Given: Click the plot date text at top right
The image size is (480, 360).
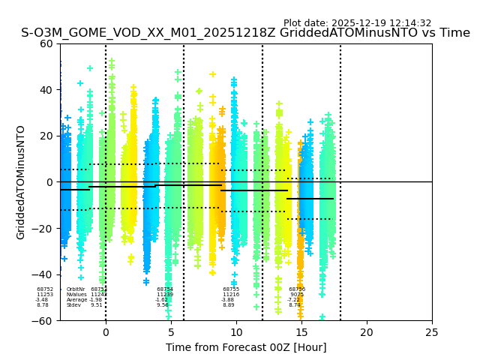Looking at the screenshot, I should click(x=357, y=23).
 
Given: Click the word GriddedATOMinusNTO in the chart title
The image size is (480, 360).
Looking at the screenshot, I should click(x=362, y=33).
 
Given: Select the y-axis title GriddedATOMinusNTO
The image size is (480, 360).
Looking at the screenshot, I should click(x=21, y=182).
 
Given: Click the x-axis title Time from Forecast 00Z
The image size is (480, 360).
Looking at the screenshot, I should click(x=246, y=347).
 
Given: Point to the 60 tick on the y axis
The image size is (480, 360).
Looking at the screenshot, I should click(x=46, y=43).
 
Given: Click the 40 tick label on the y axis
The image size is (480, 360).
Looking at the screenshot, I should click(x=46, y=90).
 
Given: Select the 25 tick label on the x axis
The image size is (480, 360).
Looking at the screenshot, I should click(x=432, y=332).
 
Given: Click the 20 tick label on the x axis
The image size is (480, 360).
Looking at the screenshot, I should click(x=367, y=332).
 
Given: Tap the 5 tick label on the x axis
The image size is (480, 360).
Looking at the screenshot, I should click(x=171, y=332).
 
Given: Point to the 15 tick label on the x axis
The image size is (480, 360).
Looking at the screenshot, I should click(x=301, y=332).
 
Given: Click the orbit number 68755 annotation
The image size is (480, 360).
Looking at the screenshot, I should click(x=231, y=289).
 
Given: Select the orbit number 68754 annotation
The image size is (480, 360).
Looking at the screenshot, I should click(x=165, y=289).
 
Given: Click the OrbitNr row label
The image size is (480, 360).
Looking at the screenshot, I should click(x=75, y=289).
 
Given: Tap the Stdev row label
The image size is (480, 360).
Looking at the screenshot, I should click(x=73, y=305).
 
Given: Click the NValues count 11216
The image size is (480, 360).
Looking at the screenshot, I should click(x=231, y=295).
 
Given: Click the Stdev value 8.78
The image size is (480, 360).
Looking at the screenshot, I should click(x=42, y=305).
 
